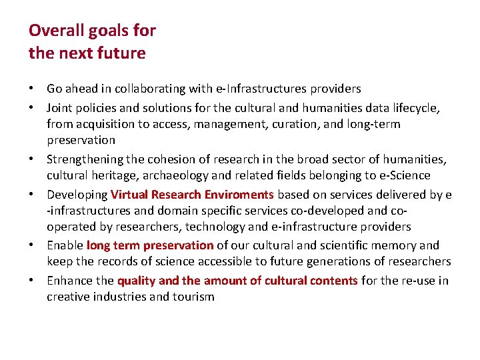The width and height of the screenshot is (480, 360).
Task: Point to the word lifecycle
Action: click(415, 107)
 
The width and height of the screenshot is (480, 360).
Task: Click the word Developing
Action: click(77, 195)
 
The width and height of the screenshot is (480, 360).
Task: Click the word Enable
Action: click(65, 245)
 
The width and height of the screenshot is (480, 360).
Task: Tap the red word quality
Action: click(137, 281)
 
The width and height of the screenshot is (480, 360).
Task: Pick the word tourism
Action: click(193, 297)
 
